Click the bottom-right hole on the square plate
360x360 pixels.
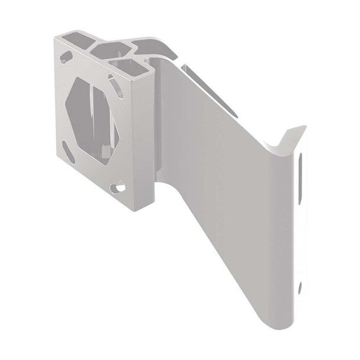pos(120,188)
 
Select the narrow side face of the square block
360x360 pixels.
pos(145,136)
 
